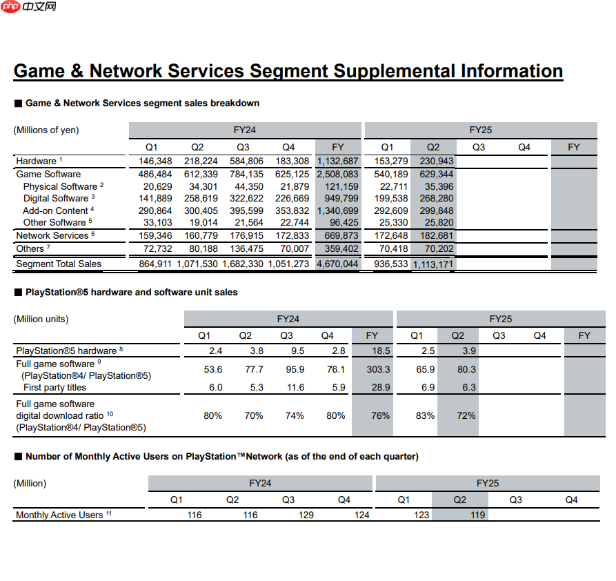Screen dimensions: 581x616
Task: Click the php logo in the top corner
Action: click(10, 7)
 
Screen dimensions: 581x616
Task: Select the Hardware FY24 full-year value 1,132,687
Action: click(337, 161)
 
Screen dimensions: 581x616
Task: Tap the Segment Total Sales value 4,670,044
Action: click(337, 264)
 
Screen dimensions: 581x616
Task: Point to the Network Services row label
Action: click(55, 235)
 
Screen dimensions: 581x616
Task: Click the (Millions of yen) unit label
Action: click(46, 130)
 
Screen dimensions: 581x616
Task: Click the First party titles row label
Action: click(54, 388)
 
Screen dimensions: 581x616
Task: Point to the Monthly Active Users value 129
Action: click(306, 515)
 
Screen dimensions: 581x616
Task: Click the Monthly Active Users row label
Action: click(59, 515)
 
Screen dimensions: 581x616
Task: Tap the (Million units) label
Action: click(41, 319)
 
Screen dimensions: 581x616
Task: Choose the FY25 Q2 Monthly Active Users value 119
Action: click(477, 515)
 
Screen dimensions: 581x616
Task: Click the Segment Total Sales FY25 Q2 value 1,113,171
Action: click(433, 264)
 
